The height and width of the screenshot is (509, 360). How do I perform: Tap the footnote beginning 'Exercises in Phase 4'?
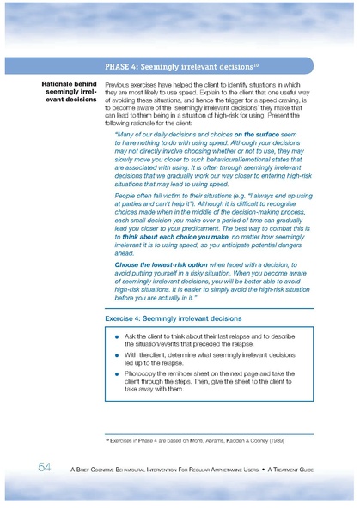193,439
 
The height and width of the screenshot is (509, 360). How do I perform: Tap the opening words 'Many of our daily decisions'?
173,135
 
